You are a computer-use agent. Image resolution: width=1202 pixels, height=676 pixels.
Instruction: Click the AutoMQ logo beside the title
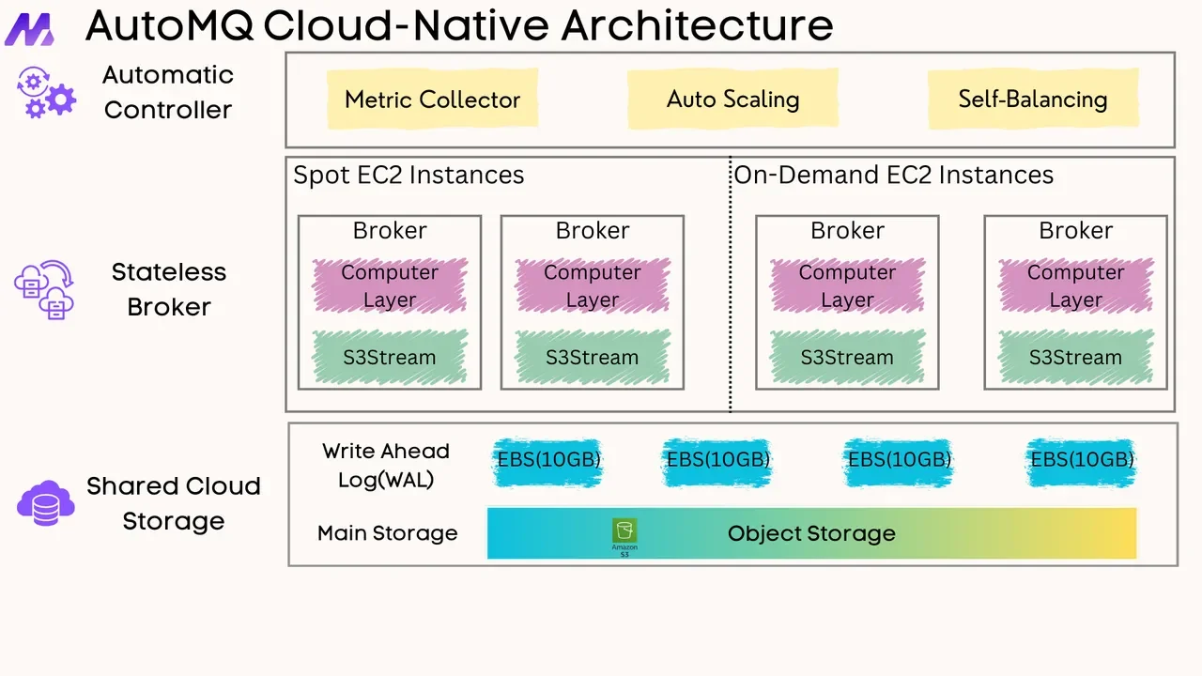29,28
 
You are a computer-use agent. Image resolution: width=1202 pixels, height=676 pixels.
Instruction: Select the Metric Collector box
432,100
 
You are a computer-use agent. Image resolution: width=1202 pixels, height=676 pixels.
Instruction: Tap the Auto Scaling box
732,100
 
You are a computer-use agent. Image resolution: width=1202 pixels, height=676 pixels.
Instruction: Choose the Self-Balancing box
1032,100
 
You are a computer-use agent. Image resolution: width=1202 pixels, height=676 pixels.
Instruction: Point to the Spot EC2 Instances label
408,176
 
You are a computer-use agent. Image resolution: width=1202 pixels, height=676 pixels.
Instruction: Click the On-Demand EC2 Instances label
893,176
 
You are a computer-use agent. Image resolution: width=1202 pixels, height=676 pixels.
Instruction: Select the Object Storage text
811,534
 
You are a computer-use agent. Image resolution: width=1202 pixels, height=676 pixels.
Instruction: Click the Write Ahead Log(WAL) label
386,465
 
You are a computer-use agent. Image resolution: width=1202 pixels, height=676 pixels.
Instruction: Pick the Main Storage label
387,533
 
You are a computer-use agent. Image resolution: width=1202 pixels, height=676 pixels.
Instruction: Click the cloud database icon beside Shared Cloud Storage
45,503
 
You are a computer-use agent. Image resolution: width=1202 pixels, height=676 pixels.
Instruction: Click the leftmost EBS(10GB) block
547,460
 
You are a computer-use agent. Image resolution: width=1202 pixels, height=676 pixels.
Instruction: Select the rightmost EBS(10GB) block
1082,460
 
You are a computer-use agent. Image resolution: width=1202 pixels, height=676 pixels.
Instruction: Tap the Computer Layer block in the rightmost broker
1075,285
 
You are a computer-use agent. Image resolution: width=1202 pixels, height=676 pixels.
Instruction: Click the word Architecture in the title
697,26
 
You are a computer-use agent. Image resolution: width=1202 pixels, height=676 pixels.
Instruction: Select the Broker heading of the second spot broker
592,231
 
